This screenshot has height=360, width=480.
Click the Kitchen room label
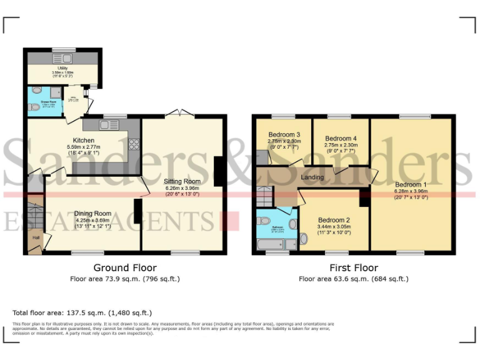[84, 141]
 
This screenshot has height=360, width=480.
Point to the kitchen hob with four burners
[133, 144]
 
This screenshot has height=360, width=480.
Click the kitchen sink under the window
[109, 125]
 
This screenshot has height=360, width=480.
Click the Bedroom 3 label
[284, 134]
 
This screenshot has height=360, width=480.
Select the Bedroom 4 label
[341, 138]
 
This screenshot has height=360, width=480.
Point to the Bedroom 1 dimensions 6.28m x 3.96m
[411, 191]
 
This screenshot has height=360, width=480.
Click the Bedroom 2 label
[333, 220]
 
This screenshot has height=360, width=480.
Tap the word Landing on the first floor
[312, 177]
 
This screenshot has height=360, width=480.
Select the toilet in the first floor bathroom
[264, 221]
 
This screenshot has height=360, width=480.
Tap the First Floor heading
[353, 267]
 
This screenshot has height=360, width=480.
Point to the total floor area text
[82, 312]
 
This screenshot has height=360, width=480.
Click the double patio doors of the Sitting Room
[180, 113]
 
